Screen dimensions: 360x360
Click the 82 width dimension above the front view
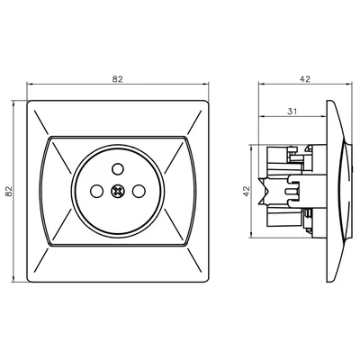click(117, 80)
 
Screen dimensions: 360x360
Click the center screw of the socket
click(117, 191)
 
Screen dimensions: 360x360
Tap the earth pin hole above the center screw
click(117, 168)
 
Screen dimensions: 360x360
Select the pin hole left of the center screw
click(94, 191)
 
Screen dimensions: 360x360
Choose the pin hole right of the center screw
click(139, 191)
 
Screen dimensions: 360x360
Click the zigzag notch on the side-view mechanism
click(268, 190)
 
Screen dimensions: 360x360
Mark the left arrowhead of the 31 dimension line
click(262, 117)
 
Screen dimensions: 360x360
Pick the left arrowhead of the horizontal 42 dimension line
click(262, 86)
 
